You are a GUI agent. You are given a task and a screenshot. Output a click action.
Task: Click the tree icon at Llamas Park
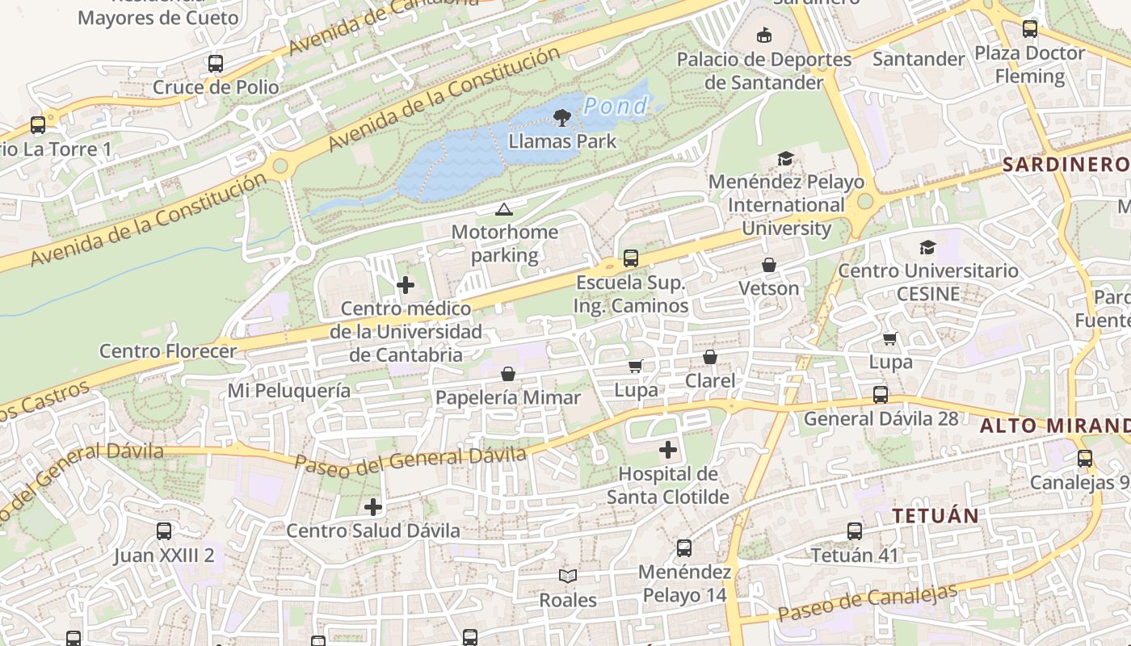[x=561, y=119]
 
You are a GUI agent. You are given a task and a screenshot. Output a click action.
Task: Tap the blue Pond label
[x=616, y=106]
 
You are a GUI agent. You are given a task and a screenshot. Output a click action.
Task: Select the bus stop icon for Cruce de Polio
[x=216, y=64]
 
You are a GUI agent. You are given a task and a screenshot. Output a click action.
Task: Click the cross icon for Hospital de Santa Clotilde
[x=668, y=450]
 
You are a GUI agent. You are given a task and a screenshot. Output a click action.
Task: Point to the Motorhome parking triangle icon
[x=504, y=210]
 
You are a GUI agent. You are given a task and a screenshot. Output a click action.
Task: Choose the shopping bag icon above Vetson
[x=769, y=265]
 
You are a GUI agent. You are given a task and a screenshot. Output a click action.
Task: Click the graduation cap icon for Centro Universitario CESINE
[x=927, y=247]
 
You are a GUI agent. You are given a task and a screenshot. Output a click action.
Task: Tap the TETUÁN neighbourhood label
[x=935, y=515]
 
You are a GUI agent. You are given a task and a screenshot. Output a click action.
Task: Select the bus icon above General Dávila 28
[x=881, y=395]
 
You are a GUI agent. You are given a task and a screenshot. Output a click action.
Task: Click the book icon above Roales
[x=568, y=576]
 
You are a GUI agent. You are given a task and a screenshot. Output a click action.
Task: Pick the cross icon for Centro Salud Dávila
[x=373, y=507]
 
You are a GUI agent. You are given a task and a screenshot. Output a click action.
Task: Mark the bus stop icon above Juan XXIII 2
[x=164, y=531]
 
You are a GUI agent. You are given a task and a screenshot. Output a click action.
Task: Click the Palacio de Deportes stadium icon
[x=763, y=35]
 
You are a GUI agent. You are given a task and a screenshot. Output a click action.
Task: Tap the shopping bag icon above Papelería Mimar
[x=508, y=374]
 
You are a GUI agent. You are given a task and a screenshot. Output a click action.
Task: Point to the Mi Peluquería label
[x=289, y=391]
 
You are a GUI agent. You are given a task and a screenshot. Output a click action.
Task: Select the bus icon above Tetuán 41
[x=855, y=531]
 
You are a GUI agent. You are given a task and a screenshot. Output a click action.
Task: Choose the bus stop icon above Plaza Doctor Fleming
[x=1030, y=29]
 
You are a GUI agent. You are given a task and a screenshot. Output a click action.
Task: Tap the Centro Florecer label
[x=168, y=351]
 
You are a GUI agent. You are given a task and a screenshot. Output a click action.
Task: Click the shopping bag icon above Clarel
[x=710, y=357]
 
